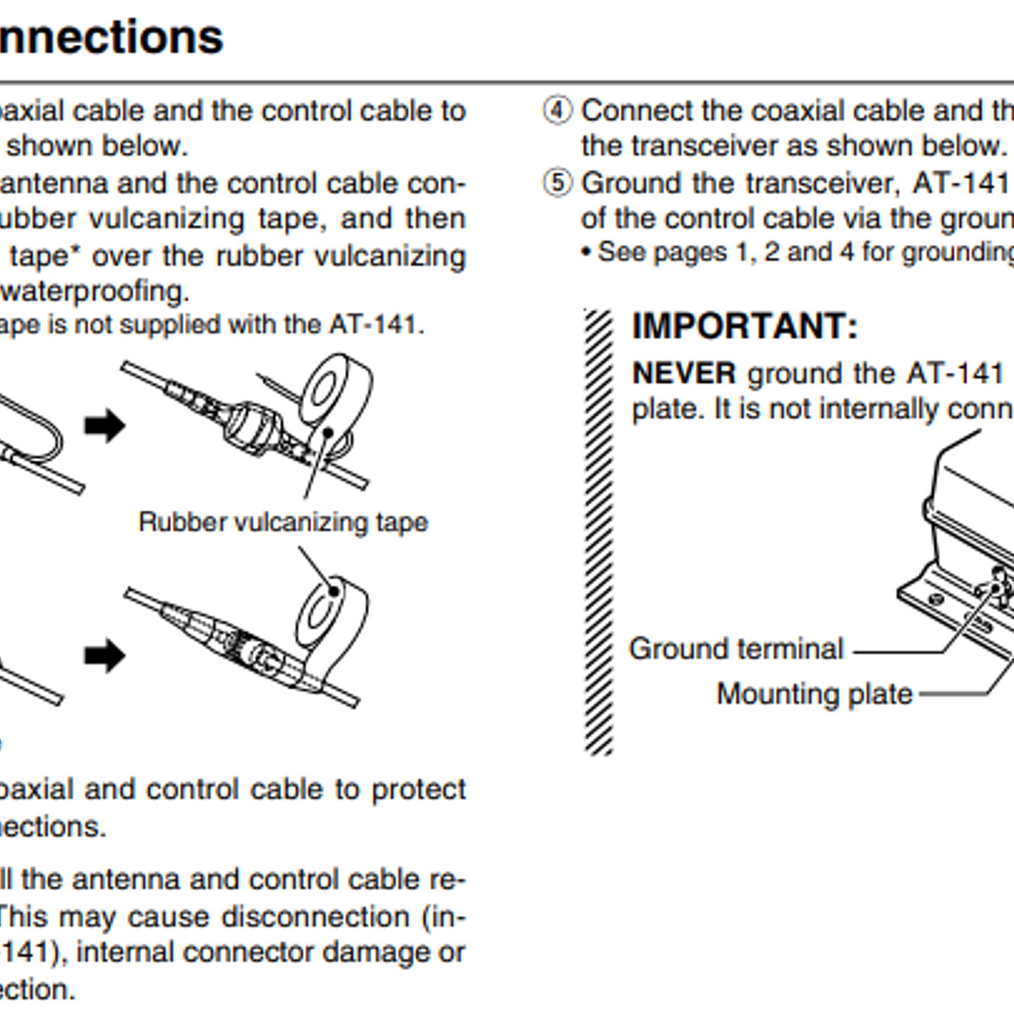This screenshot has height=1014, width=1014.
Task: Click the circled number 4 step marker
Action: pos(557,111)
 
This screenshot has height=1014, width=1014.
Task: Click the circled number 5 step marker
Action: pos(557,183)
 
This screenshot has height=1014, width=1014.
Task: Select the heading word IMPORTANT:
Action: pos(745,326)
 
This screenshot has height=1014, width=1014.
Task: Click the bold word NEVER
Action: pos(683,373)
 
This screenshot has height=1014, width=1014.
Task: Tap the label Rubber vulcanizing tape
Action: pos(283,522)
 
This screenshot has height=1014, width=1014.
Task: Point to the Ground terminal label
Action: pos(735,648)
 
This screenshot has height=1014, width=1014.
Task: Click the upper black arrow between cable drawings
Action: pos(104,425)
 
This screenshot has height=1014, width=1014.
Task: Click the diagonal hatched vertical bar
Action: pos(599,532)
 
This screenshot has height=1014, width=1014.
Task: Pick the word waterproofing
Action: pos(95,291)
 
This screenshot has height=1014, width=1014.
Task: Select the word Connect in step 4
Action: pos(636,111)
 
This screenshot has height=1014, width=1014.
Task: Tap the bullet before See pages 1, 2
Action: pos(586,252)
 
